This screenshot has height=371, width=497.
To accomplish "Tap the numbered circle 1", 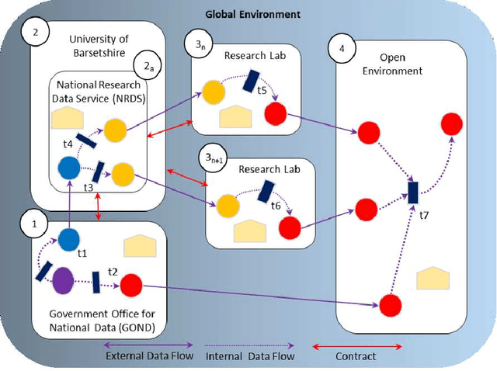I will tap(33, 224).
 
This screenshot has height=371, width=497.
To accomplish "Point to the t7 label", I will tap(425, 217).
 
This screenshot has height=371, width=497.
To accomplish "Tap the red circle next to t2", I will tap(129, 284).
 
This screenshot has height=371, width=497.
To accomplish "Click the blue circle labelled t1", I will tap(70, 239).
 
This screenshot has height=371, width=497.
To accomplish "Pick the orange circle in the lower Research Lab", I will tap(228, 206).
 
